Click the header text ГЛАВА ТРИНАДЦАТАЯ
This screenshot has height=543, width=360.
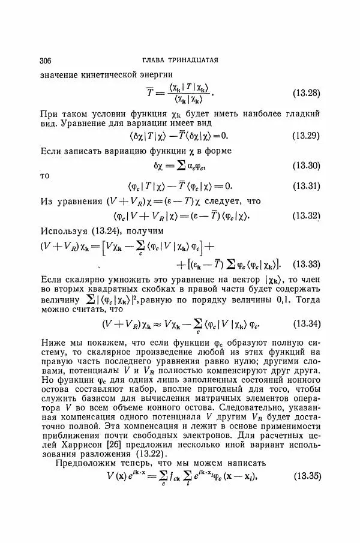(x=180, y=60)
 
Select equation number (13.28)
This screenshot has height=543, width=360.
(x=306, y=93)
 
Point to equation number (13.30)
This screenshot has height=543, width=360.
(x=306, y=165)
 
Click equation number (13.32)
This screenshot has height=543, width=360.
(x=306, y=215)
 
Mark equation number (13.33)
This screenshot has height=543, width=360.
(x=306, y=264)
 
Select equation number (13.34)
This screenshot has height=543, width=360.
(x=306, y=325)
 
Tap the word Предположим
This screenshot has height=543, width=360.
(x=86, y=463)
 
